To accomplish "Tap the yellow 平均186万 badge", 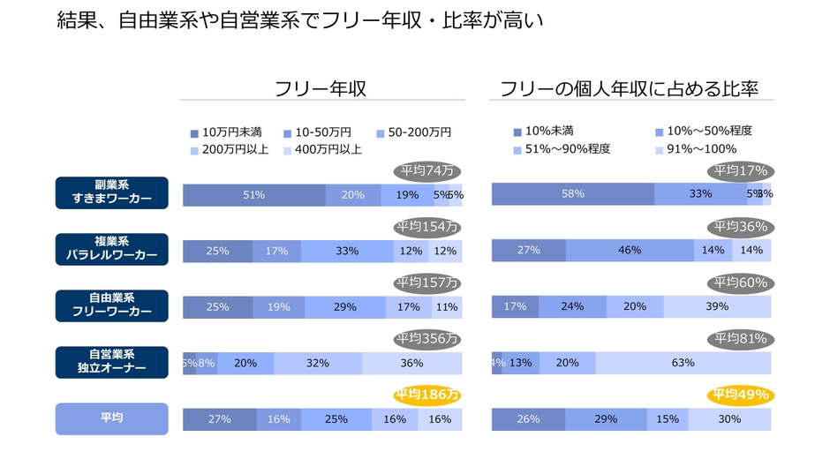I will click(x=427, y=395).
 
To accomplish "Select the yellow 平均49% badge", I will click(x=740, y=395).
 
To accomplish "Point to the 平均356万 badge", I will click(x=427, y=339).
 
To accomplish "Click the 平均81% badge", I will click(x=740, y=339).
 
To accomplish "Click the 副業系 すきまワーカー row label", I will click(x=111, y=192).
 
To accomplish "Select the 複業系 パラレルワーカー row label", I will click(x=111, y=249).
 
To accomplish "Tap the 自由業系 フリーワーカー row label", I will click(x=111, y=305).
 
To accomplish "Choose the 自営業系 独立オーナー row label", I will click(x=111, y=362).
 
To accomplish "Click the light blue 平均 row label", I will click(x=111, y=418).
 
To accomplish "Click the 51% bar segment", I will click(x=253, y=195).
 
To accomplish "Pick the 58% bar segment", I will click(x=573, y=195).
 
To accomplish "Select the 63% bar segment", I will click(x=683, y=363).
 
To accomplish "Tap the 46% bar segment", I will click(x=630, y=251).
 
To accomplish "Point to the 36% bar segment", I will click(x=411, y=363).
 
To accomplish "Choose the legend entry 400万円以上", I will click(x=326, y=150).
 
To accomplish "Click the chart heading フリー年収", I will click(x=320, y=88).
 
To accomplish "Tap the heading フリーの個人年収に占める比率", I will click(x=629, y=88).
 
